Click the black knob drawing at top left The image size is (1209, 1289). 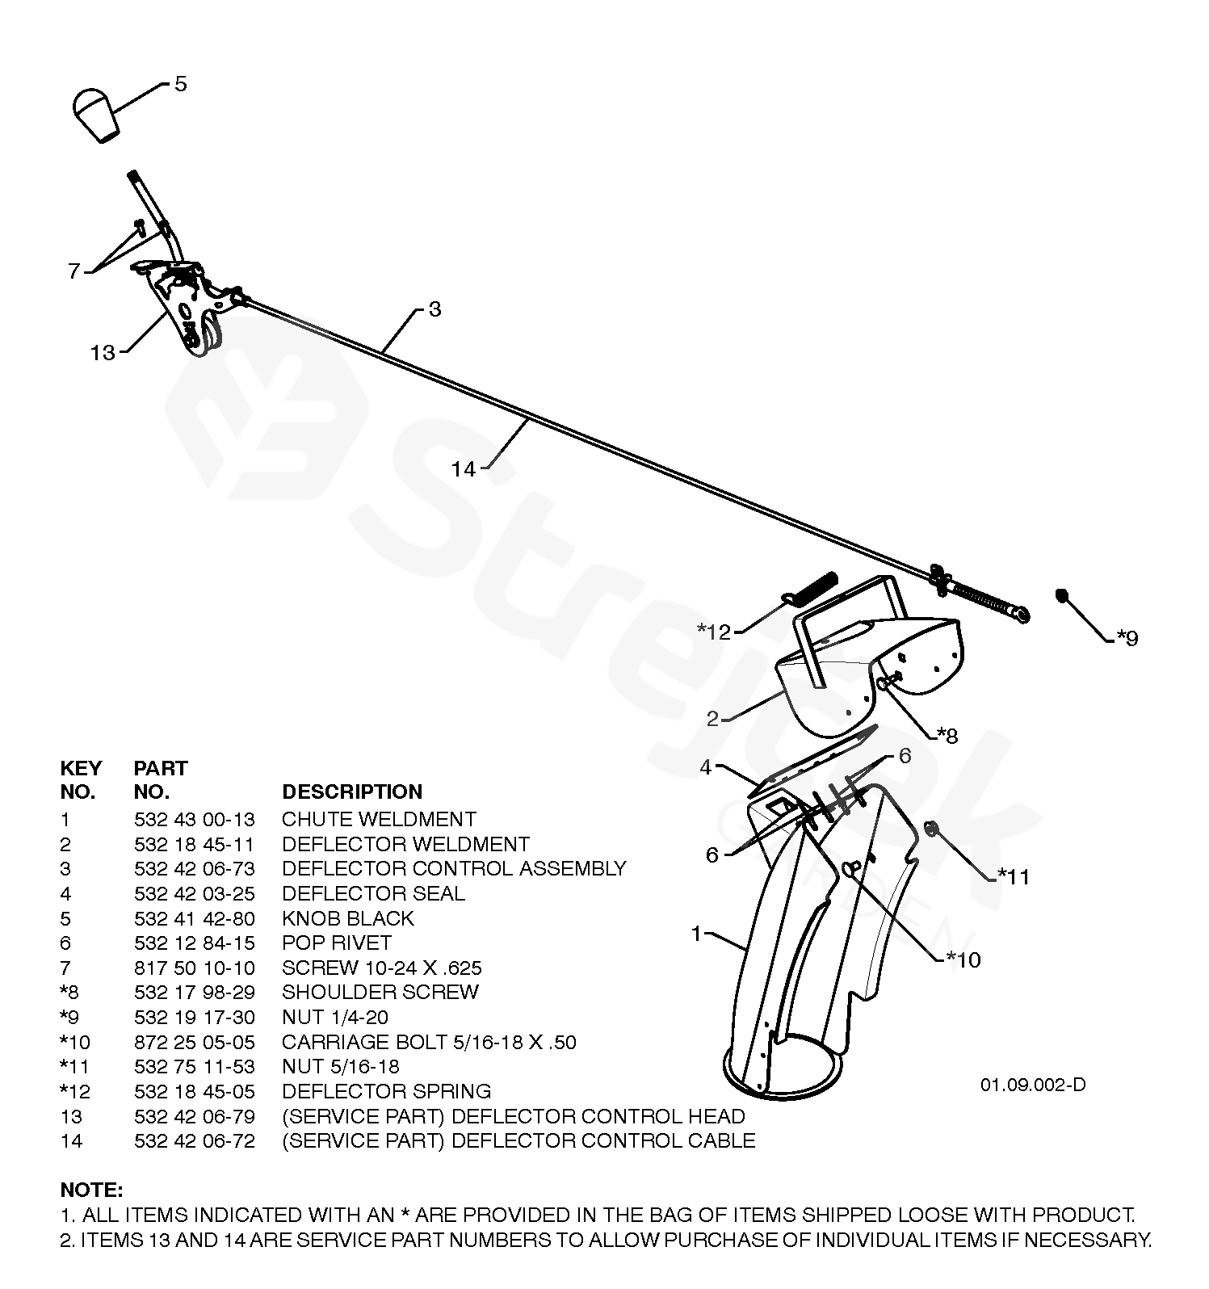tap(96, 115)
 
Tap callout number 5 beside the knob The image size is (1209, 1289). tap(180, 84)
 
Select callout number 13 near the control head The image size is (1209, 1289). tap(103, 353)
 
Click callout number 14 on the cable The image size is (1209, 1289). tap(464, 468)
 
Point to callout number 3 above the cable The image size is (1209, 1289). tap(434, 309)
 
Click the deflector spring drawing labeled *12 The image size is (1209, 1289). tap(811, 590)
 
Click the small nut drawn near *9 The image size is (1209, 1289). tap(1061, 595)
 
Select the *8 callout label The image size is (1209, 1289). tap(947, 735)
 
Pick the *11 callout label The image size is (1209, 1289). tap(1014, 876)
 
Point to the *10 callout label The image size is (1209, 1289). tap(963, 959)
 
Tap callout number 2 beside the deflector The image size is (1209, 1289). tap(712, 718)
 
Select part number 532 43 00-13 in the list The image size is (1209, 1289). tap(194, 820)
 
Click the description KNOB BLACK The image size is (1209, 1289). tap(347, 918)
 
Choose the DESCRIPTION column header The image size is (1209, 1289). tap(351, 791)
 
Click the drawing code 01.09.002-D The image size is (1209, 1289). tap(1033, 1085)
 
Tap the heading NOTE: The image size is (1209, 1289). tap(91, 1190)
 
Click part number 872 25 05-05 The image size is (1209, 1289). tap(194, 1042)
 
